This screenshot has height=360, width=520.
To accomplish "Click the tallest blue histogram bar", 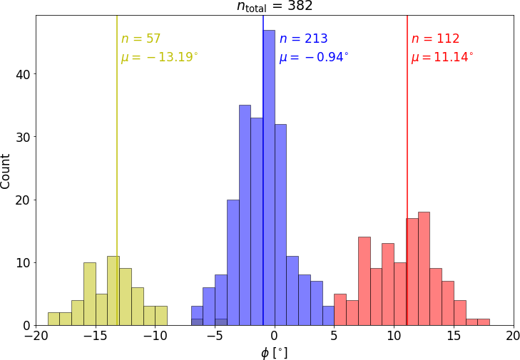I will click(x=269, y=178).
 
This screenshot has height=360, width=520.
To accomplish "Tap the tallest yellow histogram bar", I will click(x=113, y=291).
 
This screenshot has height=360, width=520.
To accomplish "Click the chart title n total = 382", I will click(x=275, y=6).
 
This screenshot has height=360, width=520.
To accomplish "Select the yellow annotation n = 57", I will click(x=141, y=39).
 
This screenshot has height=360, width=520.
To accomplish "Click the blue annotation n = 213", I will click(x=303, y=39).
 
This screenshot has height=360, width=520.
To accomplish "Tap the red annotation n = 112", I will click(x=435, y=39).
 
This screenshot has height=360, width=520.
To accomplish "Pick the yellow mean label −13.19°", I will click(x=159, y=57).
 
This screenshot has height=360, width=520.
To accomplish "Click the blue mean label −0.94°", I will click(x=314, y=57).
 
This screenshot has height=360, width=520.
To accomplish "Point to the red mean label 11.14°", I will click(x=442, y=57).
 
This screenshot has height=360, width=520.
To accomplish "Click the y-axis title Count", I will click(x=6, y=170).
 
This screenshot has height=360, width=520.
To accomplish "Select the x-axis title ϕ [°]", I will click(x=275, y=351).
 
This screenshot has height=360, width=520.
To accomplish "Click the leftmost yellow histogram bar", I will click(x=53, y=319).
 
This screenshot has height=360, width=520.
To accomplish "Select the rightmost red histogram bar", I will click(x=484, y=322).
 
